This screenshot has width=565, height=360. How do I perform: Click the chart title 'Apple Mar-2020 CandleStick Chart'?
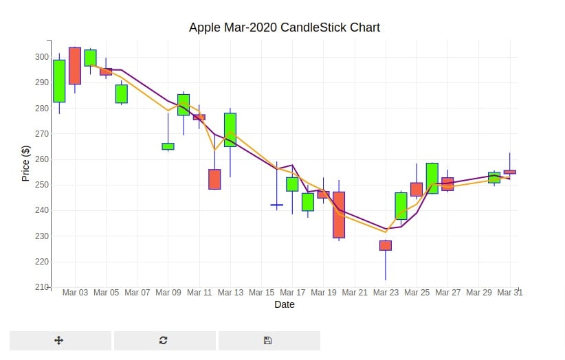tap(285, 27)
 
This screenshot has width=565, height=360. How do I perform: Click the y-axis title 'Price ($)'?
tap(25, 163)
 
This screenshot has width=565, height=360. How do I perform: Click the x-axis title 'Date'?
tap(285, 304)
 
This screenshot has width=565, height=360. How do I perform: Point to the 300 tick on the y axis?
tap(42, 57)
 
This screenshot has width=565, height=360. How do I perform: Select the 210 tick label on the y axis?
tap(42, 287)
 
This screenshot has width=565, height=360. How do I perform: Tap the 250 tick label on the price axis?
tap(42, 185)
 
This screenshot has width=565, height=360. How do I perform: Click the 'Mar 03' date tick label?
tap(75, 292)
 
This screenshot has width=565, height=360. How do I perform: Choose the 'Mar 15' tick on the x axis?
tap(262, 292)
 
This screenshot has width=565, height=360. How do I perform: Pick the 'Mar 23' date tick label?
tap(386, 292)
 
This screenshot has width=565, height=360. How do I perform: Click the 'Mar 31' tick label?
tap(510, 292)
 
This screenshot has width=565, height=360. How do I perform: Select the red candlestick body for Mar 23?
tap(386, 245)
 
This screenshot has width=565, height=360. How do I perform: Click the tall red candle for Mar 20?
tap(339, 215)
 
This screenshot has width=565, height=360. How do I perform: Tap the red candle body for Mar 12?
tap(214, 179)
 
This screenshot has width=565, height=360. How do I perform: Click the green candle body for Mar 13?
tap(230, 130)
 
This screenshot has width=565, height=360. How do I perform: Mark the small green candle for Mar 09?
tap(168, 146)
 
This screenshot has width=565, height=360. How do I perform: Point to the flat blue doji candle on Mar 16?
tap(277, 205)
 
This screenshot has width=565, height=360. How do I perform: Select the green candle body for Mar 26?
tap(432, 178)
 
